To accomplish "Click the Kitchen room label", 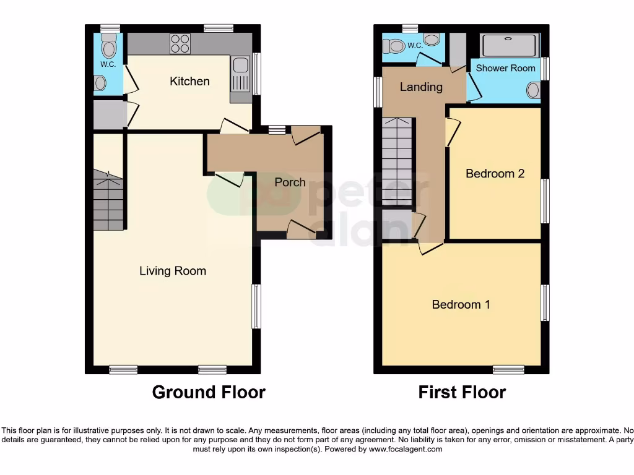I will (189, 82).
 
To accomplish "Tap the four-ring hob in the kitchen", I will (180, 44).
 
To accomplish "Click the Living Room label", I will (172, 271).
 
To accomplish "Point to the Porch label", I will (290, 182).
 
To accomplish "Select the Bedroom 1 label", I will (461, 304).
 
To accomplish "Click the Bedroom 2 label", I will (495, 174).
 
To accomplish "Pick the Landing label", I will (421, 87).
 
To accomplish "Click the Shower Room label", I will (505, 68).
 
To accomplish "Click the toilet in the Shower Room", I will (533, 90).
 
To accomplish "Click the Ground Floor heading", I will (209, 392).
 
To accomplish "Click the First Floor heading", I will (462, 392).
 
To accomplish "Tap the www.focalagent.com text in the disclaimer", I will (406, 450).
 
